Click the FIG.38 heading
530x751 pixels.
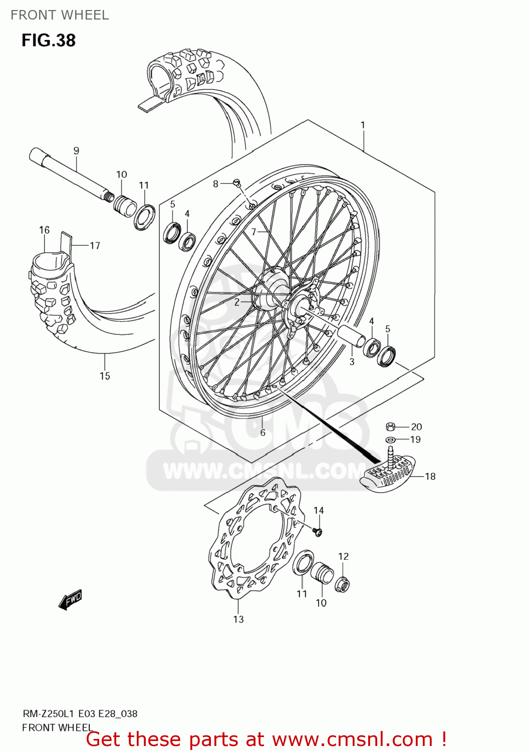click(49, 40)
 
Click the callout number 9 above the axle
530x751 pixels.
click(76, 150)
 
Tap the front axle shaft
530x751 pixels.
click(70, 173)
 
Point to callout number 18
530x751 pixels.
click(430, 476)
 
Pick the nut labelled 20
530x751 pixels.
click(391, 427)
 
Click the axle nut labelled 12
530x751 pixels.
click(343, 584)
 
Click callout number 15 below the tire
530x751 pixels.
click(104, 375)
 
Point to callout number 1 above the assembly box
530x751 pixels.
click(363, 125)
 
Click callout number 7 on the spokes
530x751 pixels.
click(253, 231)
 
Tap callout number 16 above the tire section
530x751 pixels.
click(44, 230)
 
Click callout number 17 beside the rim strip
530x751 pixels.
click(95, 245)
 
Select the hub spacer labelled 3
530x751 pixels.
click(352, 335)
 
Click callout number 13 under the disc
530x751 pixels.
click(238, 619)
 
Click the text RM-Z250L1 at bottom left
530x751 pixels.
click(49, 713)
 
